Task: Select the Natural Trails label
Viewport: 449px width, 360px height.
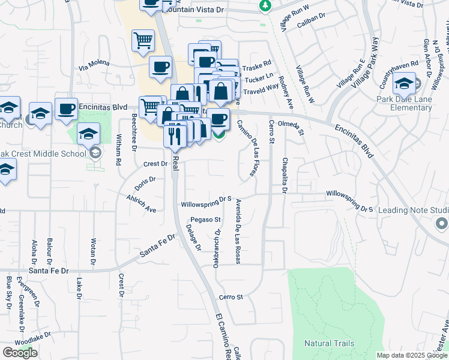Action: point(329,344)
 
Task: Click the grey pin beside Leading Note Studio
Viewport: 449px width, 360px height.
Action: point(441,224)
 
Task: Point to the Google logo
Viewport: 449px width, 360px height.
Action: point(20,353)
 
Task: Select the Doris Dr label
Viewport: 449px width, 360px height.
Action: point(145,179)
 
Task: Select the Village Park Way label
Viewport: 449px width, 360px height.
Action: point(366,65)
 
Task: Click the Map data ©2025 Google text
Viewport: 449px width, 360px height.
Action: point(412,355)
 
